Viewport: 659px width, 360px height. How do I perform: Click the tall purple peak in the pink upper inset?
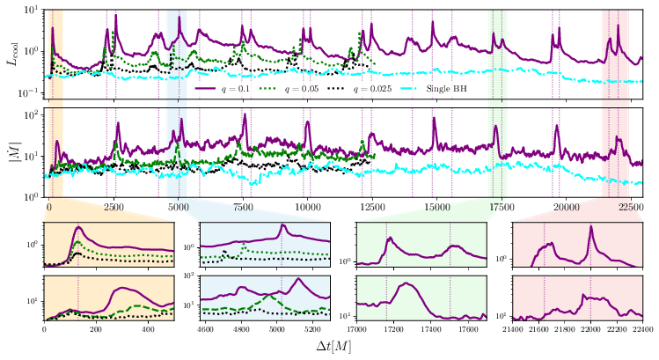coord(590,228)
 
